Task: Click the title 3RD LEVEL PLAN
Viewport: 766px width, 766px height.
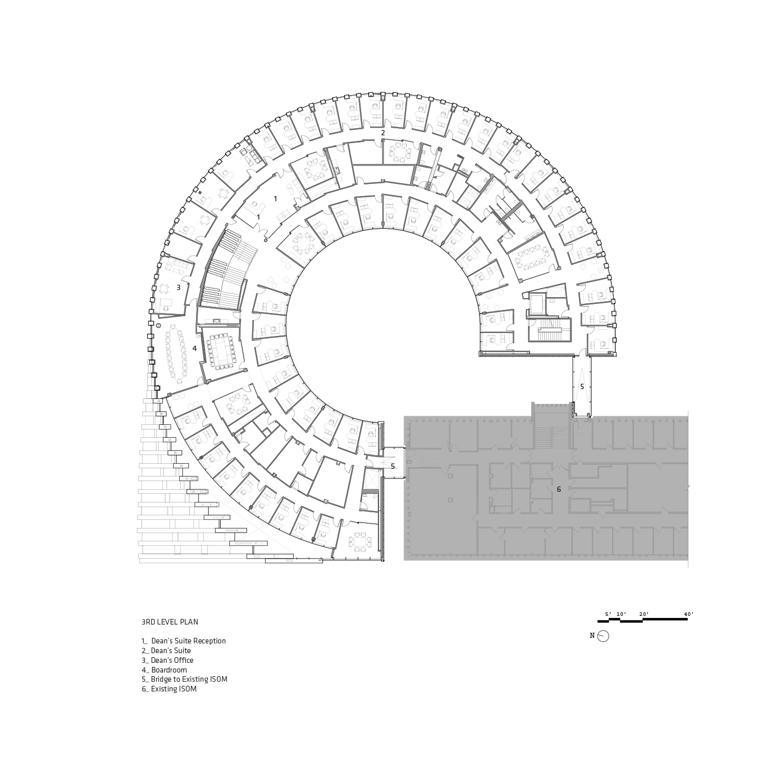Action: coord(170,622)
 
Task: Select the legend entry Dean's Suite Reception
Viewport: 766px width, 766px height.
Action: coord(184,641)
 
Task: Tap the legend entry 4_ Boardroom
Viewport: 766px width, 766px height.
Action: coord(164,670)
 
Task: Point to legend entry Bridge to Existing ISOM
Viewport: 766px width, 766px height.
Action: coord(185,680)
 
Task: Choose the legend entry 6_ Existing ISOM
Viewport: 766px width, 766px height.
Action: coord(169,689)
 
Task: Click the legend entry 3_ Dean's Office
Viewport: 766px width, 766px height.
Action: coord(167,660)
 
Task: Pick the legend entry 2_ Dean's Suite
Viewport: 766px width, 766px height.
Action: coord(166,651)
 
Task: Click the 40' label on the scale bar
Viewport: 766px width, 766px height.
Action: coord(689,614)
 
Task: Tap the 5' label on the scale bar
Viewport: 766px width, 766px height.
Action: coord(608,614)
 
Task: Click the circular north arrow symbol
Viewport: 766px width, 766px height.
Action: coord(603,636)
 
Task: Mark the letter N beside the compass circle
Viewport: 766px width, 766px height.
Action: coord(592,636)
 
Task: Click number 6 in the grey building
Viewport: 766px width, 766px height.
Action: coord(559,489)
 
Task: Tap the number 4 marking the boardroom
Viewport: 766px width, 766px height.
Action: coord(194,348)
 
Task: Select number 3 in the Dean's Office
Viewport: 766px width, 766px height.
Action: coord(178,288)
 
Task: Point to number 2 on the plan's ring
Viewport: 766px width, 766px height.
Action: coord(382,133)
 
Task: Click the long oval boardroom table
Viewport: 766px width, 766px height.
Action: coord(177,352)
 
